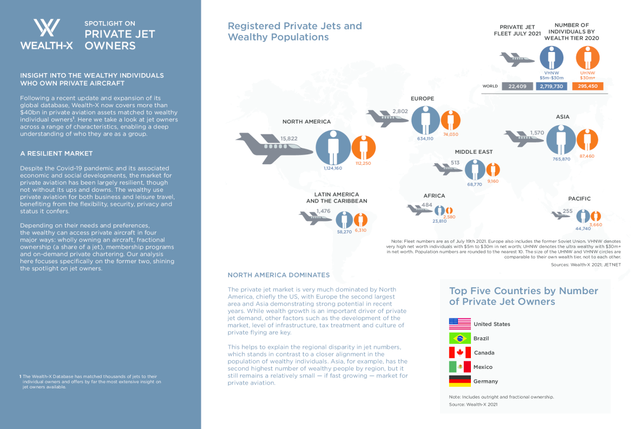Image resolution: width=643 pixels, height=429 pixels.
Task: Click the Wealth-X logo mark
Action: (x=47, y=28)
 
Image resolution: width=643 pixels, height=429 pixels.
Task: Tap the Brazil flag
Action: (x=460, y=339)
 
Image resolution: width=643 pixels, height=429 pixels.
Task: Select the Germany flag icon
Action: (x=460, y=381)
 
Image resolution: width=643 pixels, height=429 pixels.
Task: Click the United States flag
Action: (x=460, y=324)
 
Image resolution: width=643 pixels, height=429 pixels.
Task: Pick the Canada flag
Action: (x=460, y=353)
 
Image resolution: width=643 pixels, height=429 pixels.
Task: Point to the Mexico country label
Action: (x=483, y=367)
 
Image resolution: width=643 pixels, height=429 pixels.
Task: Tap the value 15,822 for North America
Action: (x=288, y=139)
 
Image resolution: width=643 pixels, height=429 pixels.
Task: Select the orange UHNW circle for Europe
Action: (x=450, y=121)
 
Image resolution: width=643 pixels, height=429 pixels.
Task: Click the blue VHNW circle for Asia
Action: (x=561, y=139)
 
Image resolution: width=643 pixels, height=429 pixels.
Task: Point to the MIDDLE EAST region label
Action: (x=474, y=152)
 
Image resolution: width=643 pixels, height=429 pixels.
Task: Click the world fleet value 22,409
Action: (x=517, y=86)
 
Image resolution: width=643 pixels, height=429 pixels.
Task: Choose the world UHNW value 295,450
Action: (x=587, y=86)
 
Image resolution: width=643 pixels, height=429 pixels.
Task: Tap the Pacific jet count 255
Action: (x=568, y=211)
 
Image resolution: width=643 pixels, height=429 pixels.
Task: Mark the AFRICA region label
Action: (x=434, y=196)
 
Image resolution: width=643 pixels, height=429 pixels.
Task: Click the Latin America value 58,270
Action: (x=344, y=232)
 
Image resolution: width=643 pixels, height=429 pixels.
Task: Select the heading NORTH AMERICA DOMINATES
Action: (x=279, y=275)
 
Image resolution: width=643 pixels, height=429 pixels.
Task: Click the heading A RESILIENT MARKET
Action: (x=56, y=153)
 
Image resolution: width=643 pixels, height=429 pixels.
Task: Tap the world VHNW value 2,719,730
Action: (x=552, y=86)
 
